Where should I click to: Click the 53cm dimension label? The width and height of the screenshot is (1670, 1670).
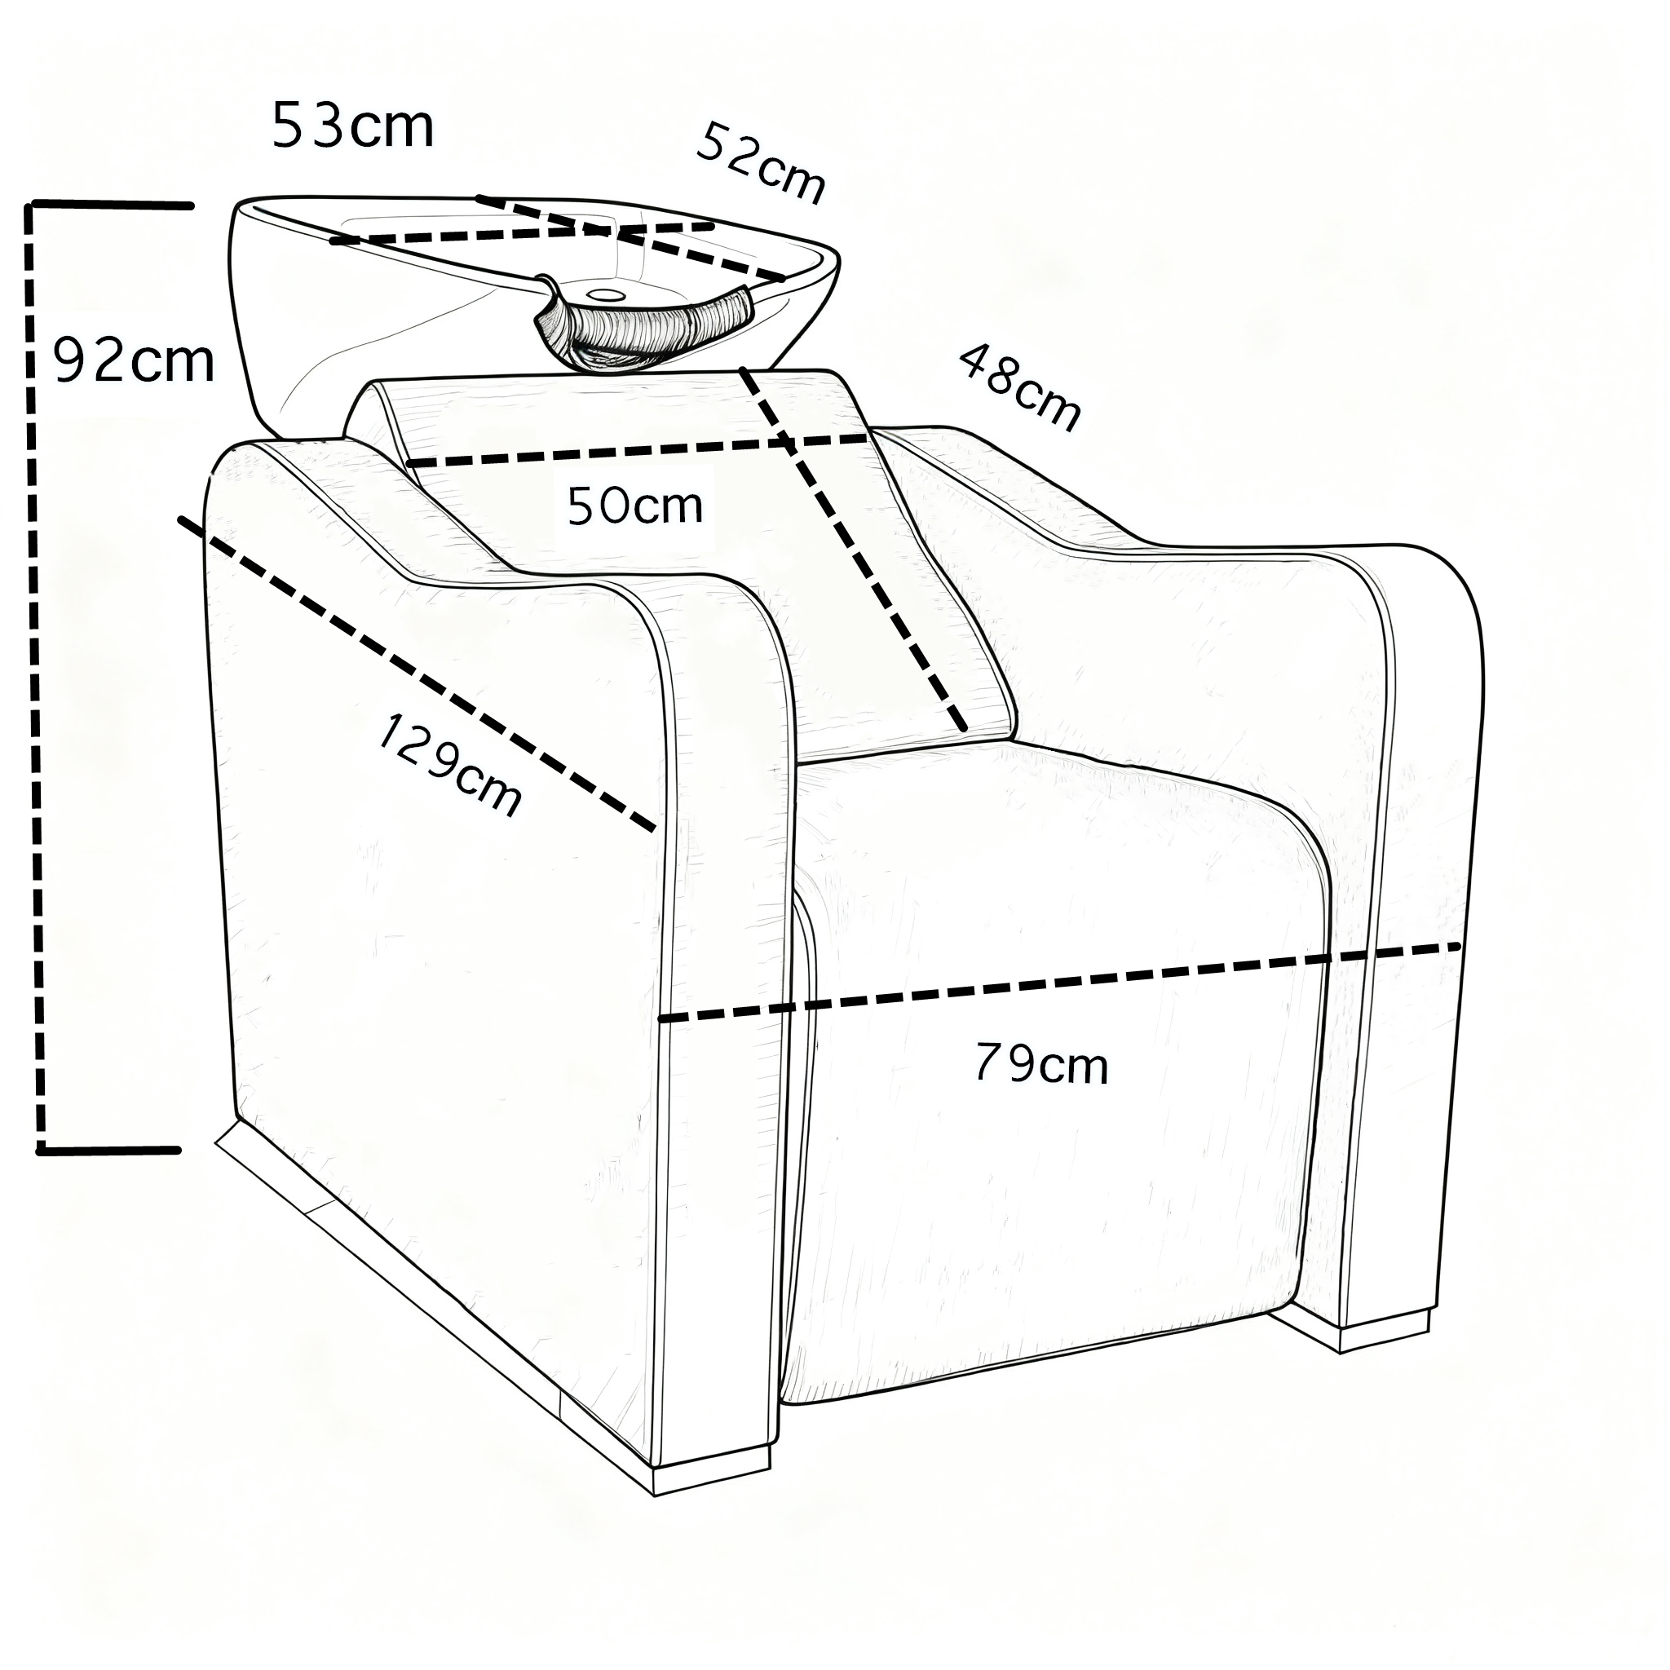(x=352, y=127)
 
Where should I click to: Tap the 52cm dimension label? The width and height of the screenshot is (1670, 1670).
(x=761, y=162)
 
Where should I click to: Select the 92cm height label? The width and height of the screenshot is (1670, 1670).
(x=134, y=360)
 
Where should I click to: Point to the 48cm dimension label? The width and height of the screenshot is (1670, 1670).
(x=1020, y=387)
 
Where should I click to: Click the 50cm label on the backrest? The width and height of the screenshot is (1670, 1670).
(x=635, y=506)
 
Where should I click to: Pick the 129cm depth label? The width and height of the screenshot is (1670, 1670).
(x=449, y=765)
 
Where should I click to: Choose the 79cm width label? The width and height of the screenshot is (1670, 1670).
(x=1040, y=1064)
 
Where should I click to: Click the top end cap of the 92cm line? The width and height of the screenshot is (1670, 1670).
(x=113, y=205)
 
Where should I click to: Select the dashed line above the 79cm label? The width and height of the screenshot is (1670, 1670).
(x=1059, y=983)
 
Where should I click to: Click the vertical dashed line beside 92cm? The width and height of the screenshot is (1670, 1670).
(x=35, y=674)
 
